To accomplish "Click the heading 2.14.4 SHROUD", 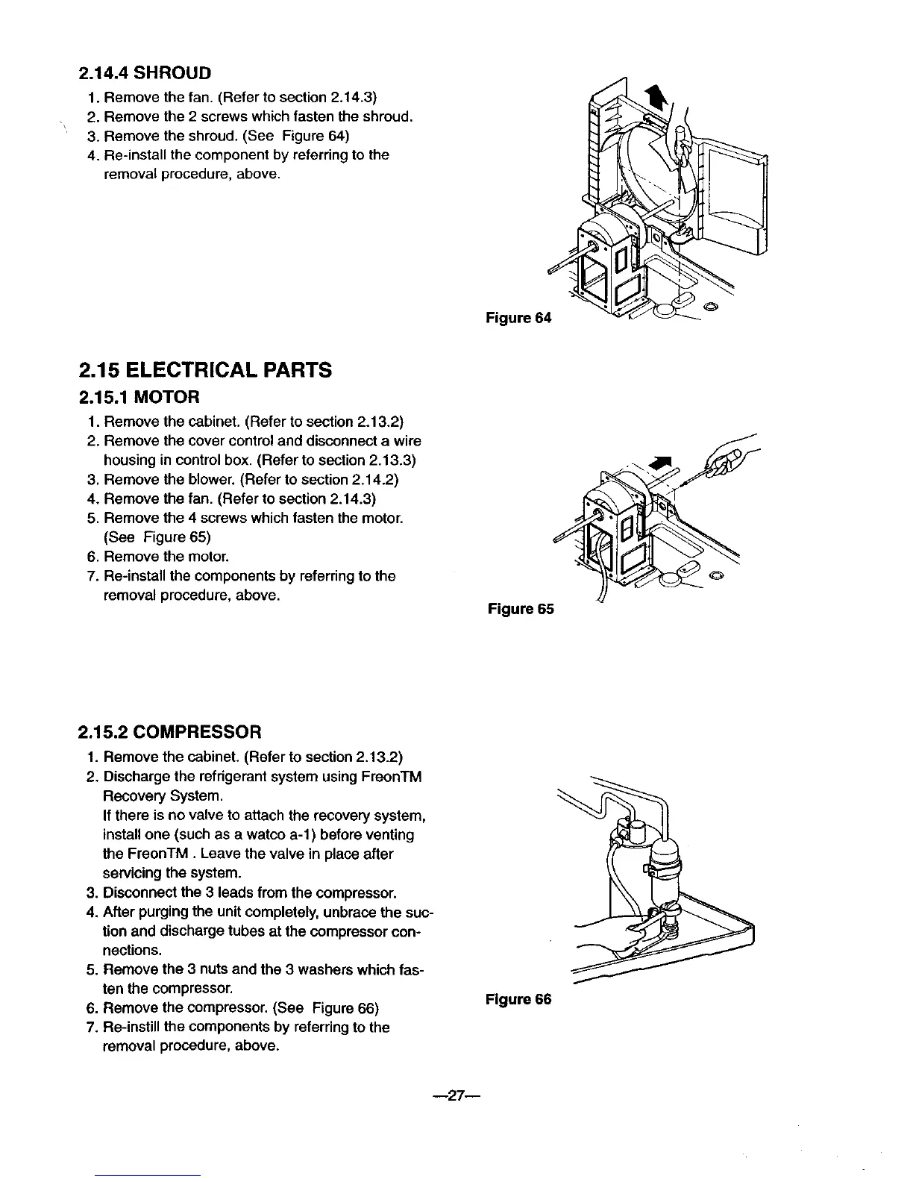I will pyautogui.click(x=145, y=72).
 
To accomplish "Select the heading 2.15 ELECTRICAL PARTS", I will pyautogui.click(x=205, y=370).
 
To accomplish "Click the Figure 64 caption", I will pyautogui.click(x=518, y=319).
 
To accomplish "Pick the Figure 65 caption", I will pyautogui.click(x=520, y=609).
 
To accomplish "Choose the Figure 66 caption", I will pyautogui.click(x=518, y=999).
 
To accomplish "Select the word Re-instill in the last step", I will pyautogui.click(x=134, y=1028).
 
